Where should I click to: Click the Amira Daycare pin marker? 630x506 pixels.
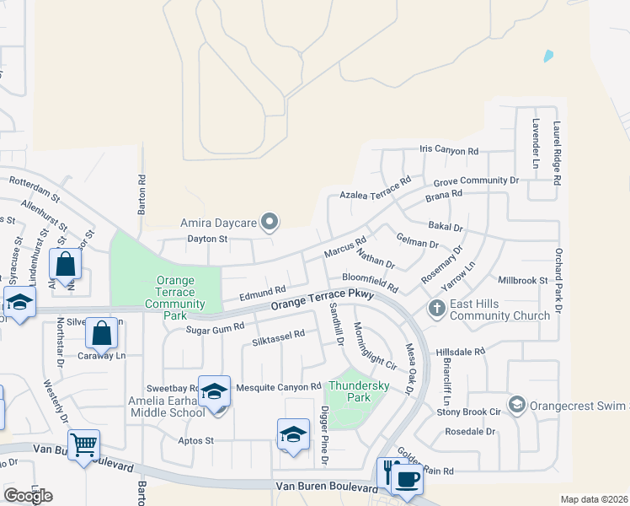270,222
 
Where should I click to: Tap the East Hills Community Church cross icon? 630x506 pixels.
436,308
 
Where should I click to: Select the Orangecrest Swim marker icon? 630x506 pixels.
516,406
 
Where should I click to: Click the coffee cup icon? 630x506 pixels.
408,479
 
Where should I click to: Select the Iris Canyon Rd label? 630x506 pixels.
449,151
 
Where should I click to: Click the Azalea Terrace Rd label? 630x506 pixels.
375,188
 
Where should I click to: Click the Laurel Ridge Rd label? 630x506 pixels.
557,153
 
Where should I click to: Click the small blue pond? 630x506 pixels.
549,56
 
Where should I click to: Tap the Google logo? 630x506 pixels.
28,495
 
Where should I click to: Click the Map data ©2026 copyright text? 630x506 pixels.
595,499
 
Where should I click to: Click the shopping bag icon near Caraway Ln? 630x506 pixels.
101,334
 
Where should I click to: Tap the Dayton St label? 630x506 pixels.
207,240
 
